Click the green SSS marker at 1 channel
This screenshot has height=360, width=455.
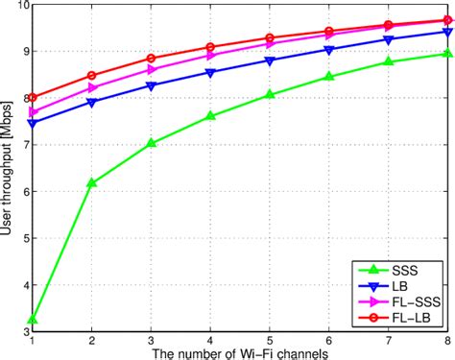34,319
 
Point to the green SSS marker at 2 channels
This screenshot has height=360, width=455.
92,182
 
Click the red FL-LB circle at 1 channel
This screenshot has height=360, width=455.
34,97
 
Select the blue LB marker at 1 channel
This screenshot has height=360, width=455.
34,123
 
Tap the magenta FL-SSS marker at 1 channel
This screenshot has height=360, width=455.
34,111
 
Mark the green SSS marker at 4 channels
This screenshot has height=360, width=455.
210,116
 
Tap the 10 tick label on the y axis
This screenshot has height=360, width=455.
21,6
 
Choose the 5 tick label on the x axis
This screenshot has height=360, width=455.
270,340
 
